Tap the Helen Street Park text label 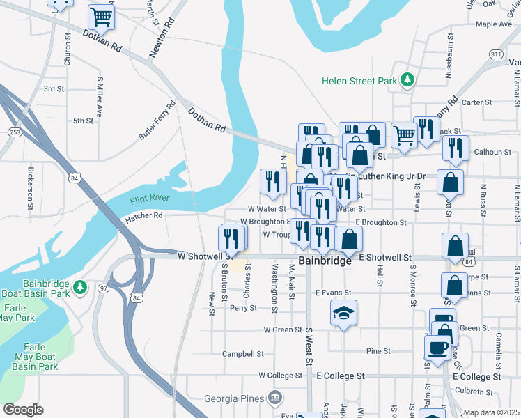click(x=359, y=81)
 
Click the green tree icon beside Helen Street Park click(x=407, y=81)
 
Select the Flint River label click(x=149, y=200)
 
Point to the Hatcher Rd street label click(x=143, y=216)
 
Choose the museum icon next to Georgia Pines click(x=275, y=398)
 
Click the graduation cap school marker click(x=343, y=313)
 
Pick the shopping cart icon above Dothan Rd click(x=102, y=17)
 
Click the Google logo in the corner click(x=23, y=410)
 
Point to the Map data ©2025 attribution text click(x=491, y=412)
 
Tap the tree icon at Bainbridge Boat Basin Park click(x=80, y=286)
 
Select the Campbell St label click(x=242, y=353)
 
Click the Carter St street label click(x=477, y=102)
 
